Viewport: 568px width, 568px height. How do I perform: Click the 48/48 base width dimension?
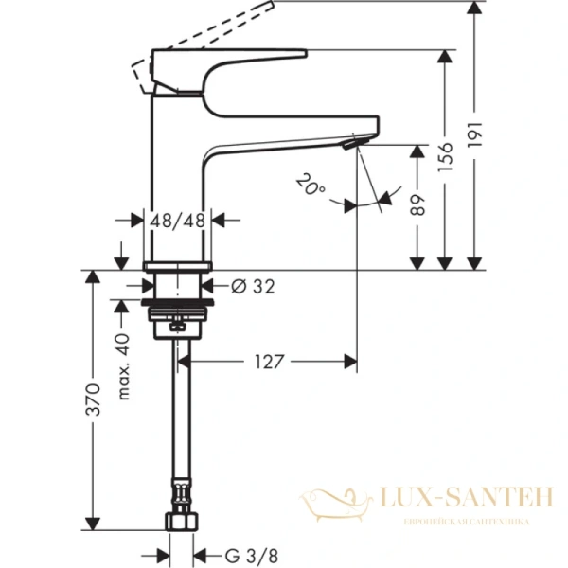pyautogui.click(x=179, y=220)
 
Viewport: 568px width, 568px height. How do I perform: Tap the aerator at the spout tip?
pyautogui.click(x=353, y=143)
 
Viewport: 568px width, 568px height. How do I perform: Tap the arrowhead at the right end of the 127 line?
pyautogui.click(x=352, y=362)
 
